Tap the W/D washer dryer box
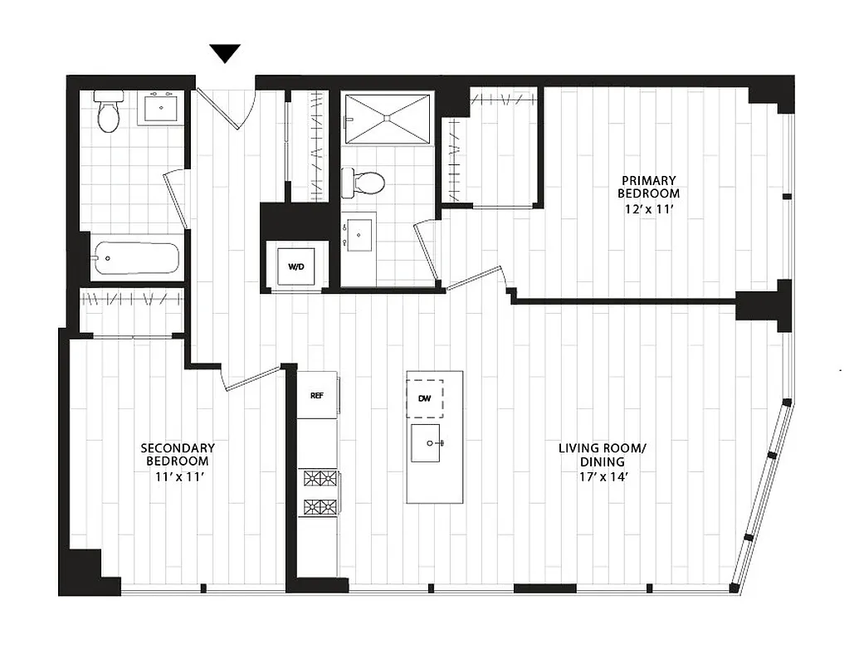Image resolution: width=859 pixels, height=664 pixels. [295, 266]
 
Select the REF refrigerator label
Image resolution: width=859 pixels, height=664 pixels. [316, 395]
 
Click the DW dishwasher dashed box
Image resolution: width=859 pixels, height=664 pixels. [424, 398]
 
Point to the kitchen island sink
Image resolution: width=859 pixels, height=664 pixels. [430, 442]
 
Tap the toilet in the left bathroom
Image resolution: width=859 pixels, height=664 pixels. [109, 112]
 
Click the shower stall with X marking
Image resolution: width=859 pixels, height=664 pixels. [387, 119]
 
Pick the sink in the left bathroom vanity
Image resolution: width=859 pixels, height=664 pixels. [159, 108]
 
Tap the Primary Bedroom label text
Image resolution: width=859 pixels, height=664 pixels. [648, 187]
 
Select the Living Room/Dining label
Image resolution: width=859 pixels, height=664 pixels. [602, 455]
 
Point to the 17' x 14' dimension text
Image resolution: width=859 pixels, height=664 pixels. [602, 477]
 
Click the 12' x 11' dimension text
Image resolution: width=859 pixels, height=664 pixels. [648, 209]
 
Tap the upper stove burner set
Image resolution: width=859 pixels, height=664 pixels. [320, 478]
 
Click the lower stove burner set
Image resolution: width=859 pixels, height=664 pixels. [320, 505]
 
